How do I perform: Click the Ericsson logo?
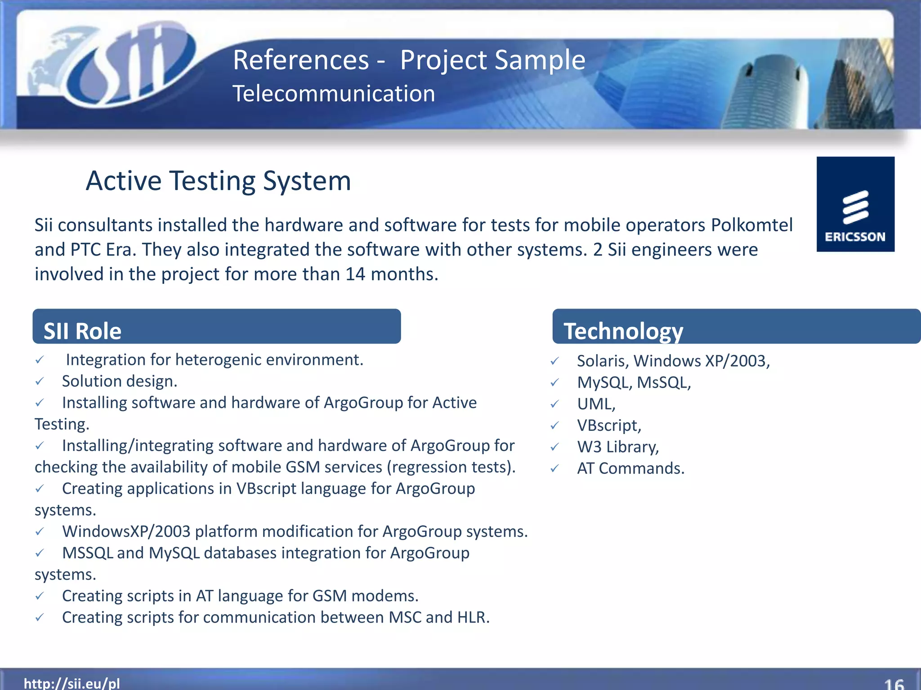(855, 204)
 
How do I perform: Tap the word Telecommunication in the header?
(334, 94)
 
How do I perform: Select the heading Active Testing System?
(218, 181)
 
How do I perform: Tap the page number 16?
(894, 684)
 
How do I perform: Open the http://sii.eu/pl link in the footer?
(72, 683)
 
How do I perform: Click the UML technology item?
(596, 404)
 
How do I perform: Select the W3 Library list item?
(617, 447)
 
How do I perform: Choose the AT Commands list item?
(630, 469)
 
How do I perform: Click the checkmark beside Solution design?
(40, 381)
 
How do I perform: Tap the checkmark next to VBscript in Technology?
(555, 425)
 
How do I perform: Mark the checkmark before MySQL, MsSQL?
(555, 383)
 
